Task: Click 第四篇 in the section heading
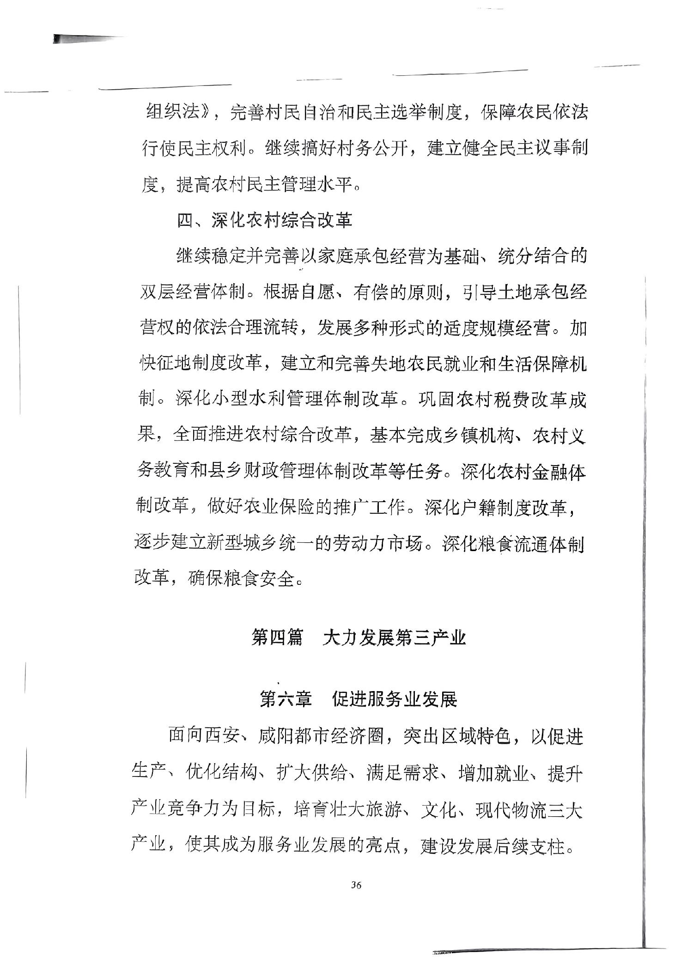[x=276, y=638]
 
